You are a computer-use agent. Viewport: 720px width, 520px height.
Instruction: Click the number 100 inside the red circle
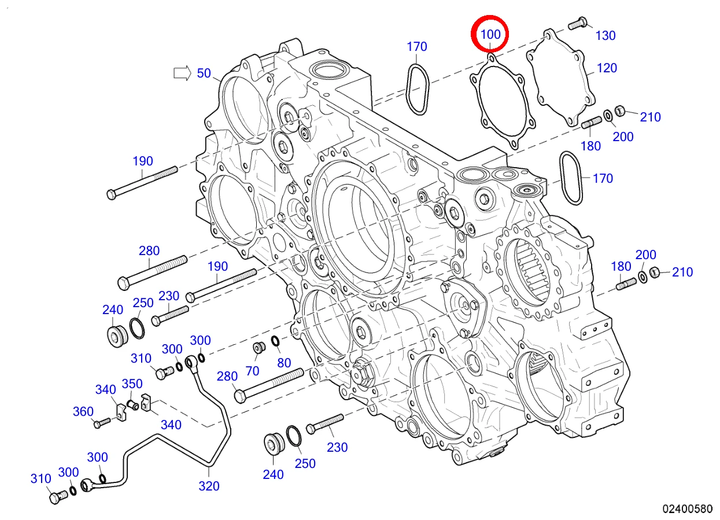click(490, 34)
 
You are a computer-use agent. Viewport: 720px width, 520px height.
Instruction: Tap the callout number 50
click(204, 73)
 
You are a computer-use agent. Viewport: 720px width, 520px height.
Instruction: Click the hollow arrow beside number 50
click(182, 73)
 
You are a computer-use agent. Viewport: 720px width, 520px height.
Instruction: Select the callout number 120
click(607, 68)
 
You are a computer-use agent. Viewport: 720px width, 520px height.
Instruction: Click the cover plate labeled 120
click(561, 77)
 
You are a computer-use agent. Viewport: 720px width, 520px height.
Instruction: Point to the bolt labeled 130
click(578, 23)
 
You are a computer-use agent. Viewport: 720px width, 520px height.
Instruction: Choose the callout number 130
click(605, 36)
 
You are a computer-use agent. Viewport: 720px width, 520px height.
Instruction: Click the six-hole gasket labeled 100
click(503, 102)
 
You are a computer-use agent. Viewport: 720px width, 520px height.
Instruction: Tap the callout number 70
click(252, 371)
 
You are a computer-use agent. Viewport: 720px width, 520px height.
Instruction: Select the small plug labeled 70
click(259, 347)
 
